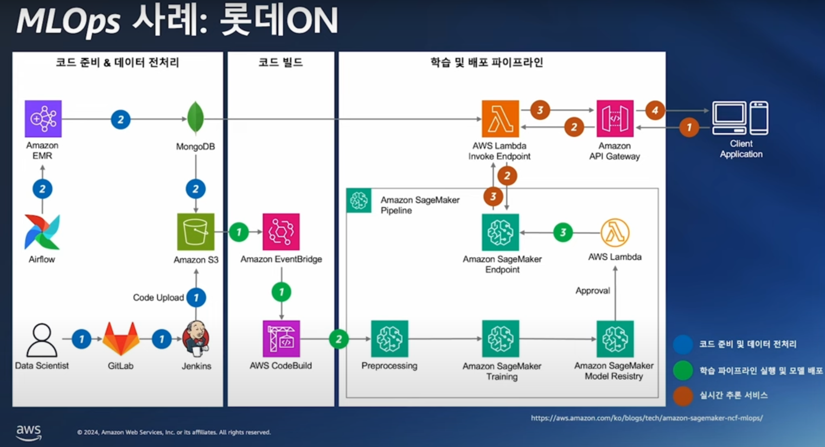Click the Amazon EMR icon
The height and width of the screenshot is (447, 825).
pyautogui.click(x=43, y=118)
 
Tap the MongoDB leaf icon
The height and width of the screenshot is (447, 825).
pyautogui.click(x=195, y=118)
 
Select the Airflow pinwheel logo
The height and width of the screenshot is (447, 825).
pyautogui.click(x=42, y=232)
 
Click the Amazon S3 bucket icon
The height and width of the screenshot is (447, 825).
pyautogui.click(x=195, y=232)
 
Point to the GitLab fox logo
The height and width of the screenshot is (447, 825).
pyautogui.click(x=121, y=339)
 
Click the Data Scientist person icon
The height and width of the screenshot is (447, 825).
pyautogui.click(x=42, y=340)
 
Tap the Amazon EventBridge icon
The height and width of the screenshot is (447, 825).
pyautogui.click(x=281, y=232)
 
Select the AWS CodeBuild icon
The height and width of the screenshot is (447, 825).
pyautogui.click(x=281, y=339)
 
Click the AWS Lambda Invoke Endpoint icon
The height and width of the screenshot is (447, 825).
pyautogui.click(x=500, y=118)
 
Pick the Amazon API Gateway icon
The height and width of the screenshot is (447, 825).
pyautogui.click(x=615, y=118)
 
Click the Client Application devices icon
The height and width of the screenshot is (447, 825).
pyautogui.click(x=740, y=118)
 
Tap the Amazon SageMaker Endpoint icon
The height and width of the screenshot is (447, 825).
pyautogui.click(x=500, y=232)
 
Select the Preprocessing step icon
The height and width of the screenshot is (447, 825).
pyautogui.click(x=389, y=339)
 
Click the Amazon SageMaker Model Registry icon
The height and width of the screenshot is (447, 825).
pyautogui.click(x=615, y=339)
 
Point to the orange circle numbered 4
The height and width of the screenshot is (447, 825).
pyautogui.click(x=655, y=110)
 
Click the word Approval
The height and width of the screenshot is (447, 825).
pyautogui.click(x=592, y=291)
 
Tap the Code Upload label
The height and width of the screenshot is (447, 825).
pyautogui.click(x=158, y=297)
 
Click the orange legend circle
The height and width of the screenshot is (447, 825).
pyautogui.click(x=683, y=395)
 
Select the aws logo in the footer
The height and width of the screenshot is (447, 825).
pyautogui.click(x=28, y=432)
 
